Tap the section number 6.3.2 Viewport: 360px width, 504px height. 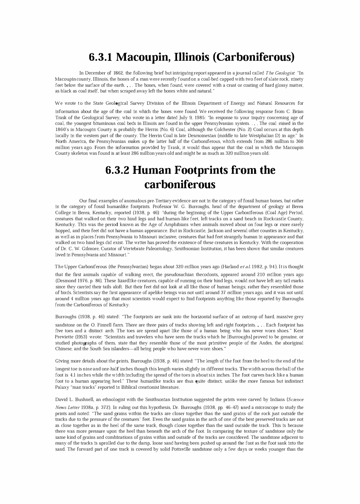click(x=117, y=170)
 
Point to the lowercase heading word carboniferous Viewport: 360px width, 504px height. click(x=180, y=185)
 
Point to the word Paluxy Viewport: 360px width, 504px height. click(x=63, y=387)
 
